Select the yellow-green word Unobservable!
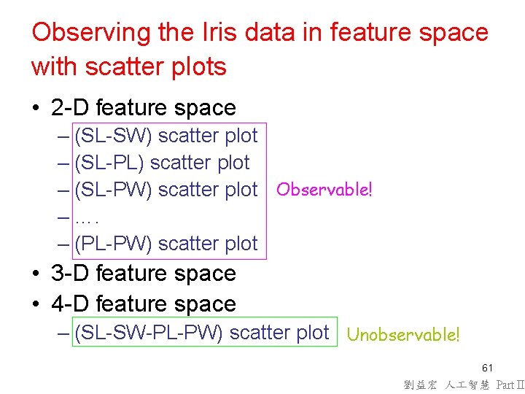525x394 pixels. point(403,335)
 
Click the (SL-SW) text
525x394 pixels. point(113,136)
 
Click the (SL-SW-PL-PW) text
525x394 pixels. point(149,333)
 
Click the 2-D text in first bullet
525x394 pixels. point(71,108)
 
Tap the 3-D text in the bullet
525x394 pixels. point(71,274)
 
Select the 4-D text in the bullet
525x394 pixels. point(71,304)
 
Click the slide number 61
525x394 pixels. point(487,367)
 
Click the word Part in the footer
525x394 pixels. point(505,384)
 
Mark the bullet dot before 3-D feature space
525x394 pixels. point(36,274)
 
